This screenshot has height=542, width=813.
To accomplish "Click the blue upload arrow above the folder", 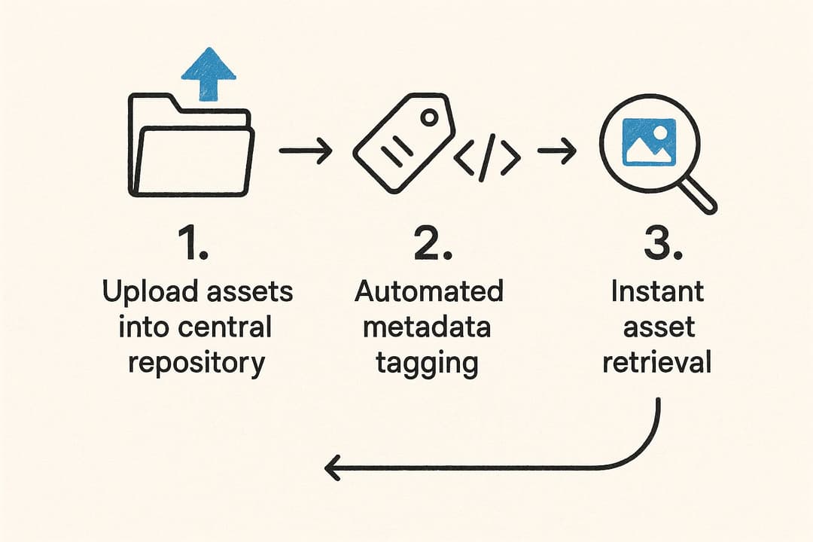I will pyautogui.click(x=209, y=74).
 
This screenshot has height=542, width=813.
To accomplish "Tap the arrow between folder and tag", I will pyautogui.click(x=306, y=151).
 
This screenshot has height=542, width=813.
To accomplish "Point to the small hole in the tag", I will pyautogui.click(x=429, y=117).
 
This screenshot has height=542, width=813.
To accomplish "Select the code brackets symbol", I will pyautogui.click(x=488, y=157).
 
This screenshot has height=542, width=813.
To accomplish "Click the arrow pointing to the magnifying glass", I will pyautogui.click(x=556, y=152).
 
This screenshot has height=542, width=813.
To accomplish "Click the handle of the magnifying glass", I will pyautogui.click(x=699, y=197).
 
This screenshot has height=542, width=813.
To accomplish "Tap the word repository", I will pyautogui.click(x=196, y=363).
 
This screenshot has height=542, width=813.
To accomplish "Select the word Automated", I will pyautogui.click(x=428, y=291).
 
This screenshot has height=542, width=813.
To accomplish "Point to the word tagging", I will pyautogui.click(x=427, y=364).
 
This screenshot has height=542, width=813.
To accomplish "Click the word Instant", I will pyautogui.click(x=657, y=291).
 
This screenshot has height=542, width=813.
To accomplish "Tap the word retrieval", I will pyautogui.click(x=657, y=363).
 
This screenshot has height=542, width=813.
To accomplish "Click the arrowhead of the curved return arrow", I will pyautogui.click(x=333, y=468).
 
